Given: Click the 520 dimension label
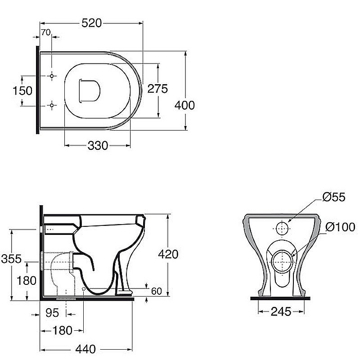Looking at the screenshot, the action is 92,23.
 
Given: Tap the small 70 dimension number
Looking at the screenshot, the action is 46,32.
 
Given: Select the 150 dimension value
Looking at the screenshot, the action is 22,91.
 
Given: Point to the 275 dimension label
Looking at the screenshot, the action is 157,89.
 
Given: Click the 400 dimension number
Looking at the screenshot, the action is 184,105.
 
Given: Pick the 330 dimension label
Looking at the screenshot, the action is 98,145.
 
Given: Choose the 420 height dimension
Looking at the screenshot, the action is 168,254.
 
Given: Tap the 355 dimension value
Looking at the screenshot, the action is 11,259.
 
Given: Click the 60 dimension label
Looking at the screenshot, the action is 157,291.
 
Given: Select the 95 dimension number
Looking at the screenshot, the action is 52,313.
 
